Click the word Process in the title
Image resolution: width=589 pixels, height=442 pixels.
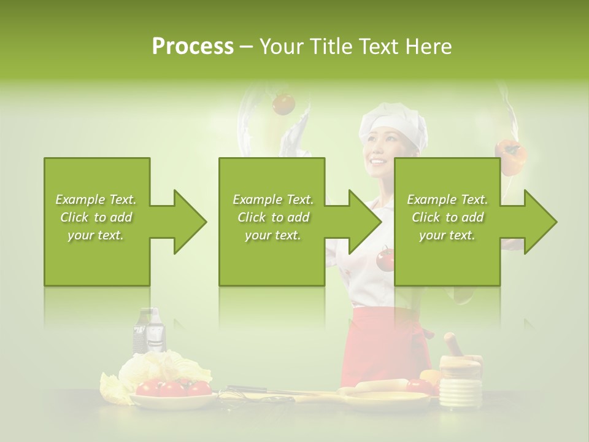click(x=193, y=46)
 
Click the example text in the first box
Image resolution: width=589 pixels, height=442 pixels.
click(x=96, y=217)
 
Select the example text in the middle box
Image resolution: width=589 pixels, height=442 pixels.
click(x=272, y=217)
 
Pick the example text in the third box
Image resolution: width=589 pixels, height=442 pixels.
click(x=447, y=217)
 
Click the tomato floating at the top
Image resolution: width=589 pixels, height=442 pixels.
click(x=283, y=103)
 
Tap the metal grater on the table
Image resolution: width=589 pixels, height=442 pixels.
click(x=150, y=331)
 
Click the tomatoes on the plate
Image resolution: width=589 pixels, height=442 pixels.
click(x=172, y=387)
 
